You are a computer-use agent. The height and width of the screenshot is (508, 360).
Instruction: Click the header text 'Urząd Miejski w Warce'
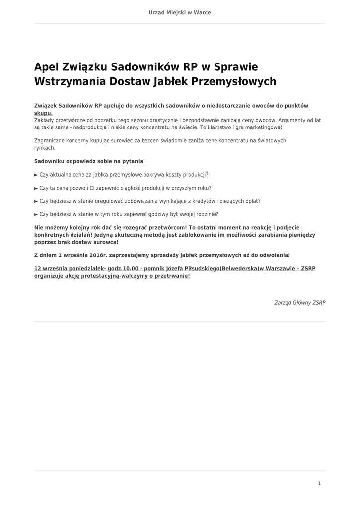click(180, 13)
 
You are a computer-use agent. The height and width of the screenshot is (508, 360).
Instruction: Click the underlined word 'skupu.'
click(43, 113)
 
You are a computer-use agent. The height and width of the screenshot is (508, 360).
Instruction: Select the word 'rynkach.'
click(45, 148)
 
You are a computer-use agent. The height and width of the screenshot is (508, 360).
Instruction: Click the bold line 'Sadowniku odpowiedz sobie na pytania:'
click(89, 161)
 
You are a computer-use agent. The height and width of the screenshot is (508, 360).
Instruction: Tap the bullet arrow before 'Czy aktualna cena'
click(36, 175)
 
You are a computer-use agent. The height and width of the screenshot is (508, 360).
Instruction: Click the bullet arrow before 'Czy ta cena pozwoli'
click(36, 188)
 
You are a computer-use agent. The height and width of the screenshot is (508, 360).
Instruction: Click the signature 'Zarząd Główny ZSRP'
click(299, 302)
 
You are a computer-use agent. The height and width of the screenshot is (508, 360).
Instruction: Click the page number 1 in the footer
click(319, 483)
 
